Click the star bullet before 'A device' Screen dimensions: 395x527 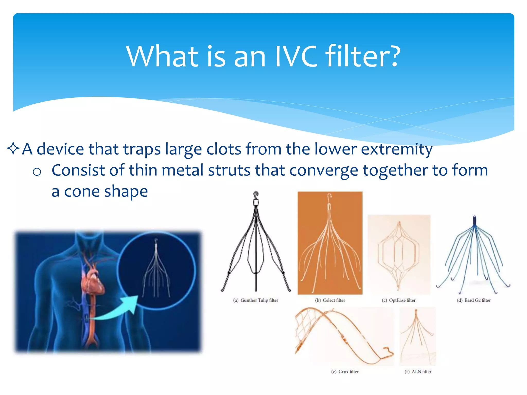click(13, 149)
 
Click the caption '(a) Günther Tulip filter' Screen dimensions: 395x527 click(256, 300)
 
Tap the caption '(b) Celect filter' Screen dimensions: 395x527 click(330, 300)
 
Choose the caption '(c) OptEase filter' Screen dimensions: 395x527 click(399, 300)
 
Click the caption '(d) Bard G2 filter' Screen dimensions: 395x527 click(473, 300)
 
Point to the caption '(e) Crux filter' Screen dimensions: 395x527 click(345, 372)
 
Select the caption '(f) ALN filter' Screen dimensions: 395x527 click(418, 372)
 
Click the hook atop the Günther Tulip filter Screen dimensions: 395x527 click(256, 194)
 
